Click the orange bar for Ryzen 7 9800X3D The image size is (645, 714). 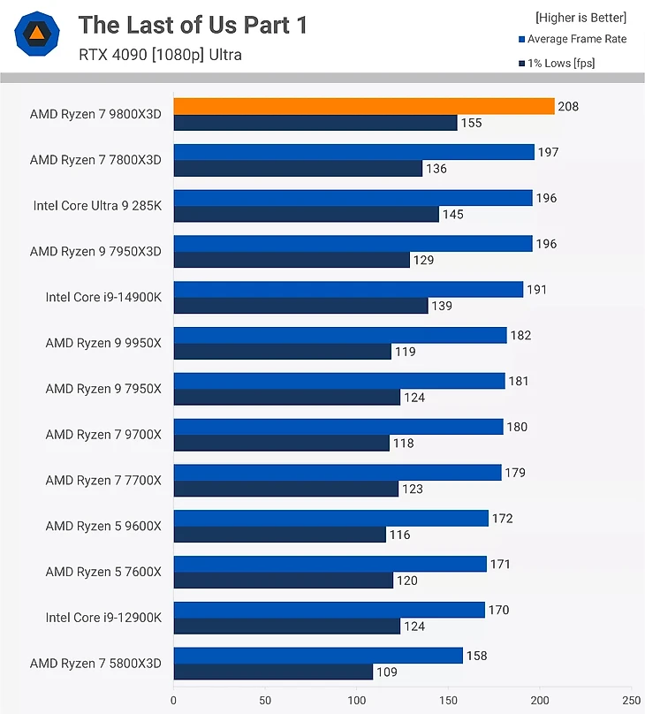coord(363,106)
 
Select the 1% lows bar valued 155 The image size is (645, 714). coord(315,123)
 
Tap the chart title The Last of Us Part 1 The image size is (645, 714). coord(193,26)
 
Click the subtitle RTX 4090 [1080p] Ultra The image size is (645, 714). coord(160,55)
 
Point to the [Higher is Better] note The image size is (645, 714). coord(580,18)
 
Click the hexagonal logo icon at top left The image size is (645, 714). coord(37,35)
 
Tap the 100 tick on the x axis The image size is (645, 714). coord(356,698)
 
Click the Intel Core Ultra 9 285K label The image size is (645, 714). coord(97,206)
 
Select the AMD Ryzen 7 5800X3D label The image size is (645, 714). coord(95,663)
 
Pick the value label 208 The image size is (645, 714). coord(568,106)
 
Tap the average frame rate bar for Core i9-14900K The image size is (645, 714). coord(348,289)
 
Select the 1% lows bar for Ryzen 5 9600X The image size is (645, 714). coord(279,535)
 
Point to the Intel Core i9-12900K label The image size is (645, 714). coord(103,617)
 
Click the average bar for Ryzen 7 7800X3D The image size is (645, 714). coord(353,152)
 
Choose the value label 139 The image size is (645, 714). coord(442,307)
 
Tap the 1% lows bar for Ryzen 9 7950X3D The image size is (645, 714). coord(292,260)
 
